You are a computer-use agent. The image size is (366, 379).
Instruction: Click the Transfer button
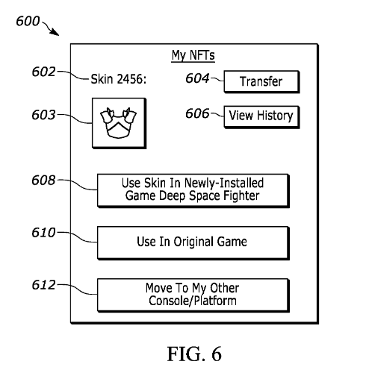tap(261, 82)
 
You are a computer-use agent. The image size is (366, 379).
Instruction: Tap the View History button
tap(261, 117)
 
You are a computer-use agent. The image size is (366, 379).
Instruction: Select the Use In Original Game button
tap(193, 243)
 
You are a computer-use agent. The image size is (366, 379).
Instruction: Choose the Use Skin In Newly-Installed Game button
tap(193, 191)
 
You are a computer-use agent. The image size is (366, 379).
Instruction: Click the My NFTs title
tap(193, 55)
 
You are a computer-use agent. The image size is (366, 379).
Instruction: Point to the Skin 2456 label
tap(118, 79)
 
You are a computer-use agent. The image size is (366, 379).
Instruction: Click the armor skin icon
tap(119, 123)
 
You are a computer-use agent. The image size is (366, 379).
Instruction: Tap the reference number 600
tap(28, 21)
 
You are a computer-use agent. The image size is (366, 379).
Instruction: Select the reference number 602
tap(43, 72)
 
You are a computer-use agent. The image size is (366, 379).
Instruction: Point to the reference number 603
tap(43, 115)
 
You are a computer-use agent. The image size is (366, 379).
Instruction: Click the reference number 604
tap(197, 78)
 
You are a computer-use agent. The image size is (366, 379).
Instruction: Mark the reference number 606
tap(197, 113)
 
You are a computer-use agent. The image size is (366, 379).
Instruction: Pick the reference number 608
tap(43, 180)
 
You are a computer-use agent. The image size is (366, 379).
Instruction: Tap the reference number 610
tap(43, 233)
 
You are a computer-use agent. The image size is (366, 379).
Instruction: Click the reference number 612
tap(43, 285)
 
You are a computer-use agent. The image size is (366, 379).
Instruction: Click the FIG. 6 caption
tap(194, 354)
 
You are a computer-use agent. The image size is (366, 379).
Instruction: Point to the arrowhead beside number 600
tap(55, 32)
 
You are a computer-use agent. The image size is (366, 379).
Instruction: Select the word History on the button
tap(275, 116)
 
